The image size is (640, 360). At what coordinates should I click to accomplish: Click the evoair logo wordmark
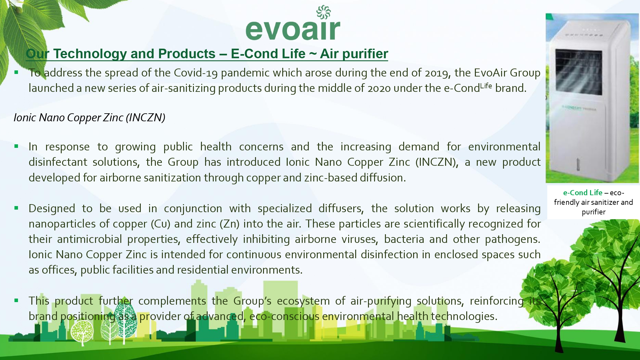coord(293,29)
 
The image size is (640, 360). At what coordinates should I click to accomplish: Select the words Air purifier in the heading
coord(354,54)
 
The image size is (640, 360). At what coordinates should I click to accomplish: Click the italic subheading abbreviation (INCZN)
coord(145,118)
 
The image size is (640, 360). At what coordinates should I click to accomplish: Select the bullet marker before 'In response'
coord(16,147)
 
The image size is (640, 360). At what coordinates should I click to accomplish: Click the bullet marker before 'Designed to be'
coord(16,208)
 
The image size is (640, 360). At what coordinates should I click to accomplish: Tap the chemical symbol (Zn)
coord(230,224)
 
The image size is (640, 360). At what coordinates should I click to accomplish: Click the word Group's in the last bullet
coord(252,301)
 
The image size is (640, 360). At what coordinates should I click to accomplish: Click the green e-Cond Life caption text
coord(583,193)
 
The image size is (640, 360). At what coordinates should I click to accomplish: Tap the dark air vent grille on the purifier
coord(579,72)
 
